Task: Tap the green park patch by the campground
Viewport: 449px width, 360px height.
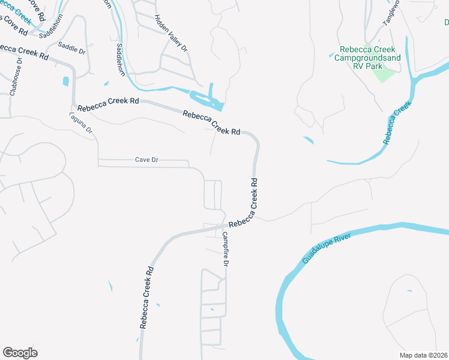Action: pyautogui.click(x=384, y=75)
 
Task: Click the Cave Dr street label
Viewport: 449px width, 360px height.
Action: pyautogui.click(x=146, y=160)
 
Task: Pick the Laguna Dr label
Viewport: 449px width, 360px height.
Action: pyautogui.click(x=82, y=122)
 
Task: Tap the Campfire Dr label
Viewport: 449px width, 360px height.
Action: pyautogui.click(x=226, y=250)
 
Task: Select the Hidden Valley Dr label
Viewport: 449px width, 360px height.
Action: pyautogui.click(x=171, y=33)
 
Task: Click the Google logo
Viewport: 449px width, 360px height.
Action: pyautogui.click(x=20, y=353)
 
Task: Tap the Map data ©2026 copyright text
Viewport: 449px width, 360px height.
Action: pyautogui.click(x=423, y=355)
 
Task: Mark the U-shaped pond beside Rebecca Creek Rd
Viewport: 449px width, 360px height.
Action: pyautogui.click(x=206, y=99)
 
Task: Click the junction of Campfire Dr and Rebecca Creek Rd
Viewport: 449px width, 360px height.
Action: pyautogui.click(x=224, y=227)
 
